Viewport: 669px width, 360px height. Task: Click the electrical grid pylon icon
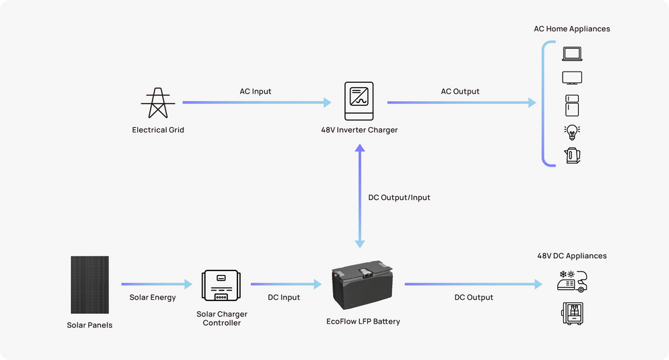[x=158, y=102]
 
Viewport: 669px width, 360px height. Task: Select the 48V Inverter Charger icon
[x=359, y=102]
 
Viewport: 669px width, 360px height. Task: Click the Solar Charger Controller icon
[x=221, y=286]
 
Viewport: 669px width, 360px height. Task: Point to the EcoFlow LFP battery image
[x=363, y=288]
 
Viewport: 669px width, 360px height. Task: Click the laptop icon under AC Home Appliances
[x=572, y=54]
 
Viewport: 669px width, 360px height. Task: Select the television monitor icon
[x=572, y=78]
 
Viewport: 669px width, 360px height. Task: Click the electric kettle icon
[x=572, y=156]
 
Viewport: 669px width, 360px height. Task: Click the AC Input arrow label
[x=256, y=91]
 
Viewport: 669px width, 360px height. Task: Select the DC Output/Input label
[x=399, y=197]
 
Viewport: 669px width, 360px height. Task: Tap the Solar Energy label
[x=153, y=297]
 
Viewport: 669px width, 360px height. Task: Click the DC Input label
[x=284, y=297]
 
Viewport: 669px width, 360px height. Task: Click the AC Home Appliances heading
[x=572, y=29]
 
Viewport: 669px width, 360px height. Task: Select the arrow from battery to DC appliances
[x=472, y=285]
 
